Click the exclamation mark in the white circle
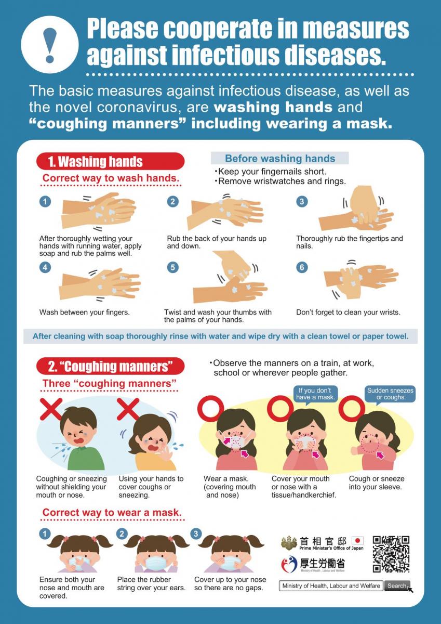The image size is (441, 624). (50, 45)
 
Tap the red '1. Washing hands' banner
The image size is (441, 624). (110, 161)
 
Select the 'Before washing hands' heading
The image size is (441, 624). (279, 158)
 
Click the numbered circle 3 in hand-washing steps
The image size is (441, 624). (302, 201)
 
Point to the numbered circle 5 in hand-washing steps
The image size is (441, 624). (173, 267)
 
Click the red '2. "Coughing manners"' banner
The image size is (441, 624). (110, 367)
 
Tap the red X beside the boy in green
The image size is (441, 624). (51, 409)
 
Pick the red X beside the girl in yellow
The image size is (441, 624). (128, 409)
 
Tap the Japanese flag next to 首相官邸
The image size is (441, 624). (357, 541)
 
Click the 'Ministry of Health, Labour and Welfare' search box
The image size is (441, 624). (331, 586)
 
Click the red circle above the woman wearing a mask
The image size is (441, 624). (211, 408)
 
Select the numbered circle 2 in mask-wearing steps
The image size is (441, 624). (122, 534)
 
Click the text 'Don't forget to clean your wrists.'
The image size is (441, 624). (348, 313)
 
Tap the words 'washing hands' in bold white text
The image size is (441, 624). (273, 107)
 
